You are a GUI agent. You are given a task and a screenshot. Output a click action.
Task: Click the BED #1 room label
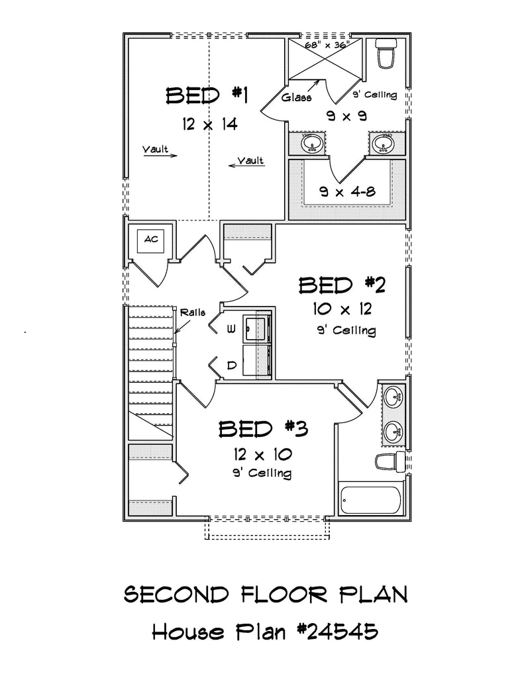206,96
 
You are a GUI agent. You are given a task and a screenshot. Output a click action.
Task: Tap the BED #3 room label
263,429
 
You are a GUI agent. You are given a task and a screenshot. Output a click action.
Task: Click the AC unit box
152,240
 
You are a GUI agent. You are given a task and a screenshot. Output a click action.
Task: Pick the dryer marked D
255,362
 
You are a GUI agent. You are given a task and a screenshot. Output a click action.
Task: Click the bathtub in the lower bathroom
370,501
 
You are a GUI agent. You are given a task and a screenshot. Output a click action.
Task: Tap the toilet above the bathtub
388,461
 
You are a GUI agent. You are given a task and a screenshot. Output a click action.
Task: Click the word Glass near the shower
295,97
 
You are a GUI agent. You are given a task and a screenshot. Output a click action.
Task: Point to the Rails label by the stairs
193,312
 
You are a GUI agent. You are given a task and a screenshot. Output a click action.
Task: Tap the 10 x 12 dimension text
342,309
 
